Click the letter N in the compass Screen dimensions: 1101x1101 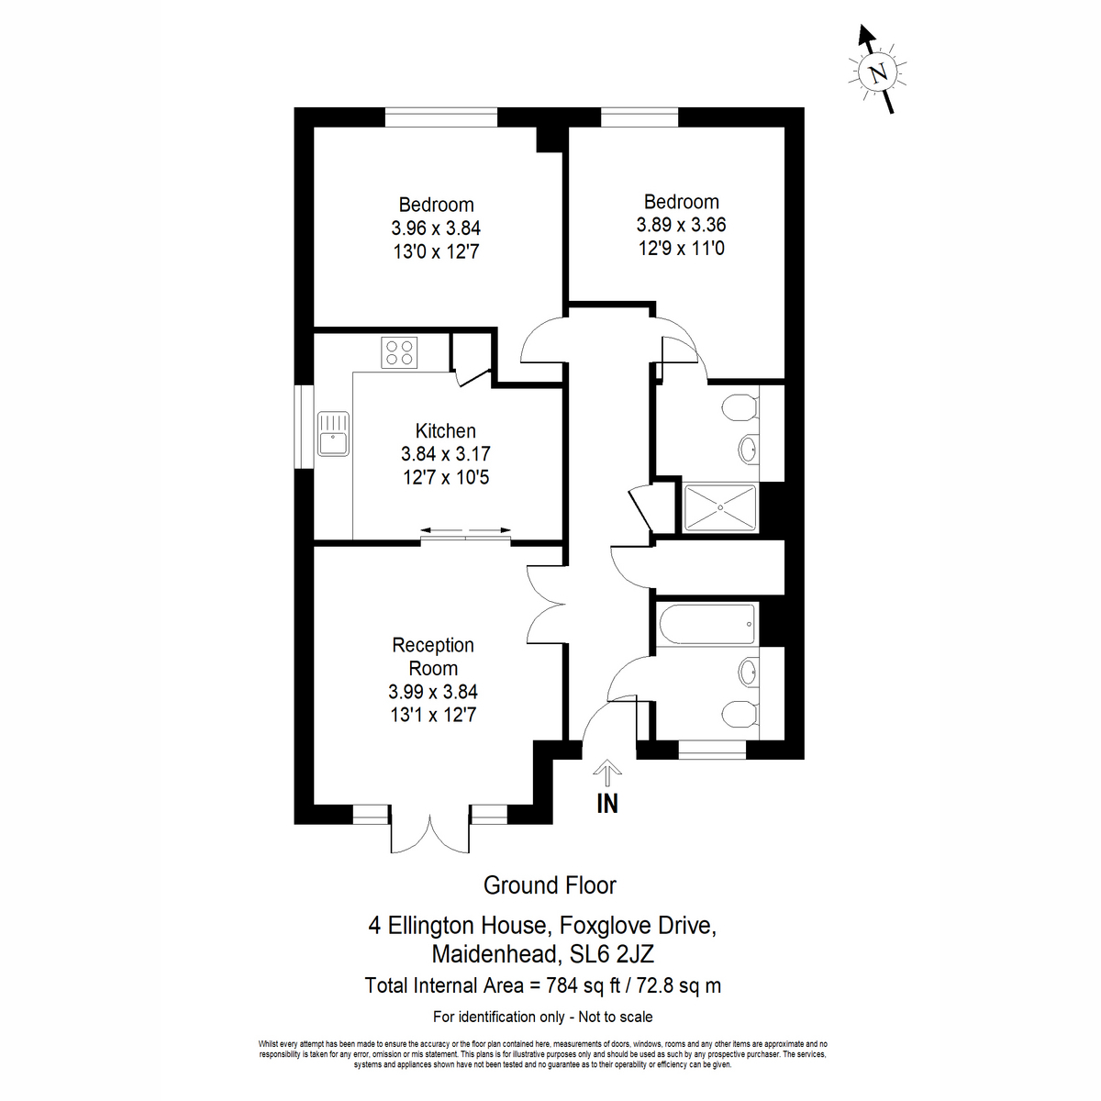pyautogui.click(x=878, y=73)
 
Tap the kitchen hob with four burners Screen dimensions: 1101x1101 pyautogui.click(x=399, y=352)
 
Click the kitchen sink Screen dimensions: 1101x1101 pyautogui.click(x=333, y=434)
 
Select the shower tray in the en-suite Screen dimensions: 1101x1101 pyautogui.click(x=720, y=507)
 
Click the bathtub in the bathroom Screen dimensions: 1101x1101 pyautogui.click(x=707, y=623)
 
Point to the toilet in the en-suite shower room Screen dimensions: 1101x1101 pyautogui.click(x=740, y=408)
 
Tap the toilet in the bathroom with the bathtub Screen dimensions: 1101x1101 pyautogui.click(x=740, y=714)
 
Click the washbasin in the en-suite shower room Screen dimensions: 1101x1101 pyautogui.click(x=749, y=449)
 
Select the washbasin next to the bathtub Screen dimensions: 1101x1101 pyautogui.click(x=749, y=672)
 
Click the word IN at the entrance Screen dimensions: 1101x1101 pyautogui.click(x=607, y=804)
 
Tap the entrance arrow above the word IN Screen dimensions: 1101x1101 pyautogui.click(x=607, y=773)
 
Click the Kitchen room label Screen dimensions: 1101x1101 pyautogui.click(x=445, y=430)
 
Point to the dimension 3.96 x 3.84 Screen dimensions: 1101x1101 pyautogui.click(x=436, y=228)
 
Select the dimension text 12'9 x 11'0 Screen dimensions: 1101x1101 pyautogui.click(x=681, y=249)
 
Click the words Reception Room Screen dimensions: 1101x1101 pyautogui.click(x=433, y=657)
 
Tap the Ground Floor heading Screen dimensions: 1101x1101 pyautogui.click(x=550, y=885)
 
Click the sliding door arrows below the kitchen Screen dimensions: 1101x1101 pyautogui.click(x=466, y=530)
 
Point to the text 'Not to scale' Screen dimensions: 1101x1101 pyautogui.click(x=616, y=1017)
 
